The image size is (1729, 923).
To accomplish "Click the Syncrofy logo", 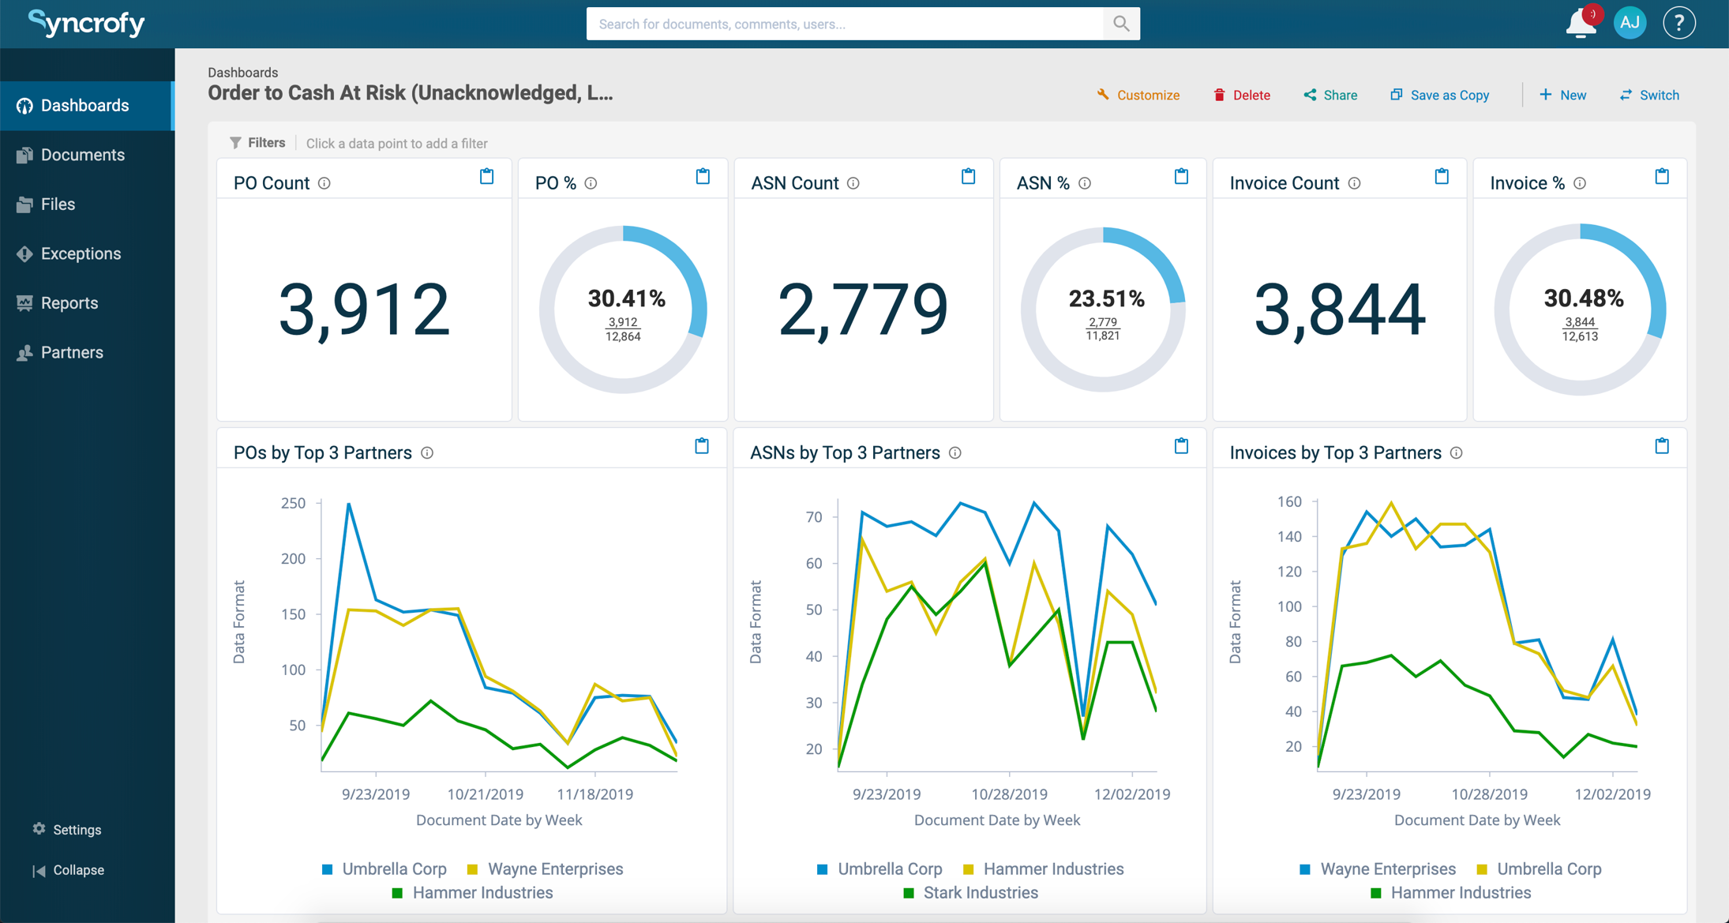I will (86, 23).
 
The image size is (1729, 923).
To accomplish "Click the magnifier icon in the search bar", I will (1121, 24).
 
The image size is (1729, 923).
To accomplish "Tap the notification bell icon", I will (1581, 23).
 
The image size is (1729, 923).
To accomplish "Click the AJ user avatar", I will (1630, 23).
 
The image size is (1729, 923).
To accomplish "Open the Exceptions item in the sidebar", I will (81, 253).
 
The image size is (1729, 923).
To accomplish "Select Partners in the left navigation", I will (72, 352).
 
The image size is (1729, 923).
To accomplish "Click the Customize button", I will (1138, 95).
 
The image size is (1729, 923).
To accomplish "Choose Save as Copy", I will (1440, 95).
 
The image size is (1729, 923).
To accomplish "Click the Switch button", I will (1650, 95).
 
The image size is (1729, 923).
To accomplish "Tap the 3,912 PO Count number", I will (364, 310).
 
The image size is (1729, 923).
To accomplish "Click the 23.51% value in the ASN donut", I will (1106, 299).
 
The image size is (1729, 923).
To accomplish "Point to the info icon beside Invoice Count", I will (1354, 183).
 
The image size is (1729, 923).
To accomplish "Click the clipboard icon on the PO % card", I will (703, 176).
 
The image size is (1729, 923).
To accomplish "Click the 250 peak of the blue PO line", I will (349, 504).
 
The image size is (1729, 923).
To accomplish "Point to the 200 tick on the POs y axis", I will (293, 558).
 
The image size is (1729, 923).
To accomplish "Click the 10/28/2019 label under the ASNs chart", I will (1009, 794).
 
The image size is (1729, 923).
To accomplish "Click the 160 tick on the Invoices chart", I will (1288, 501).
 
